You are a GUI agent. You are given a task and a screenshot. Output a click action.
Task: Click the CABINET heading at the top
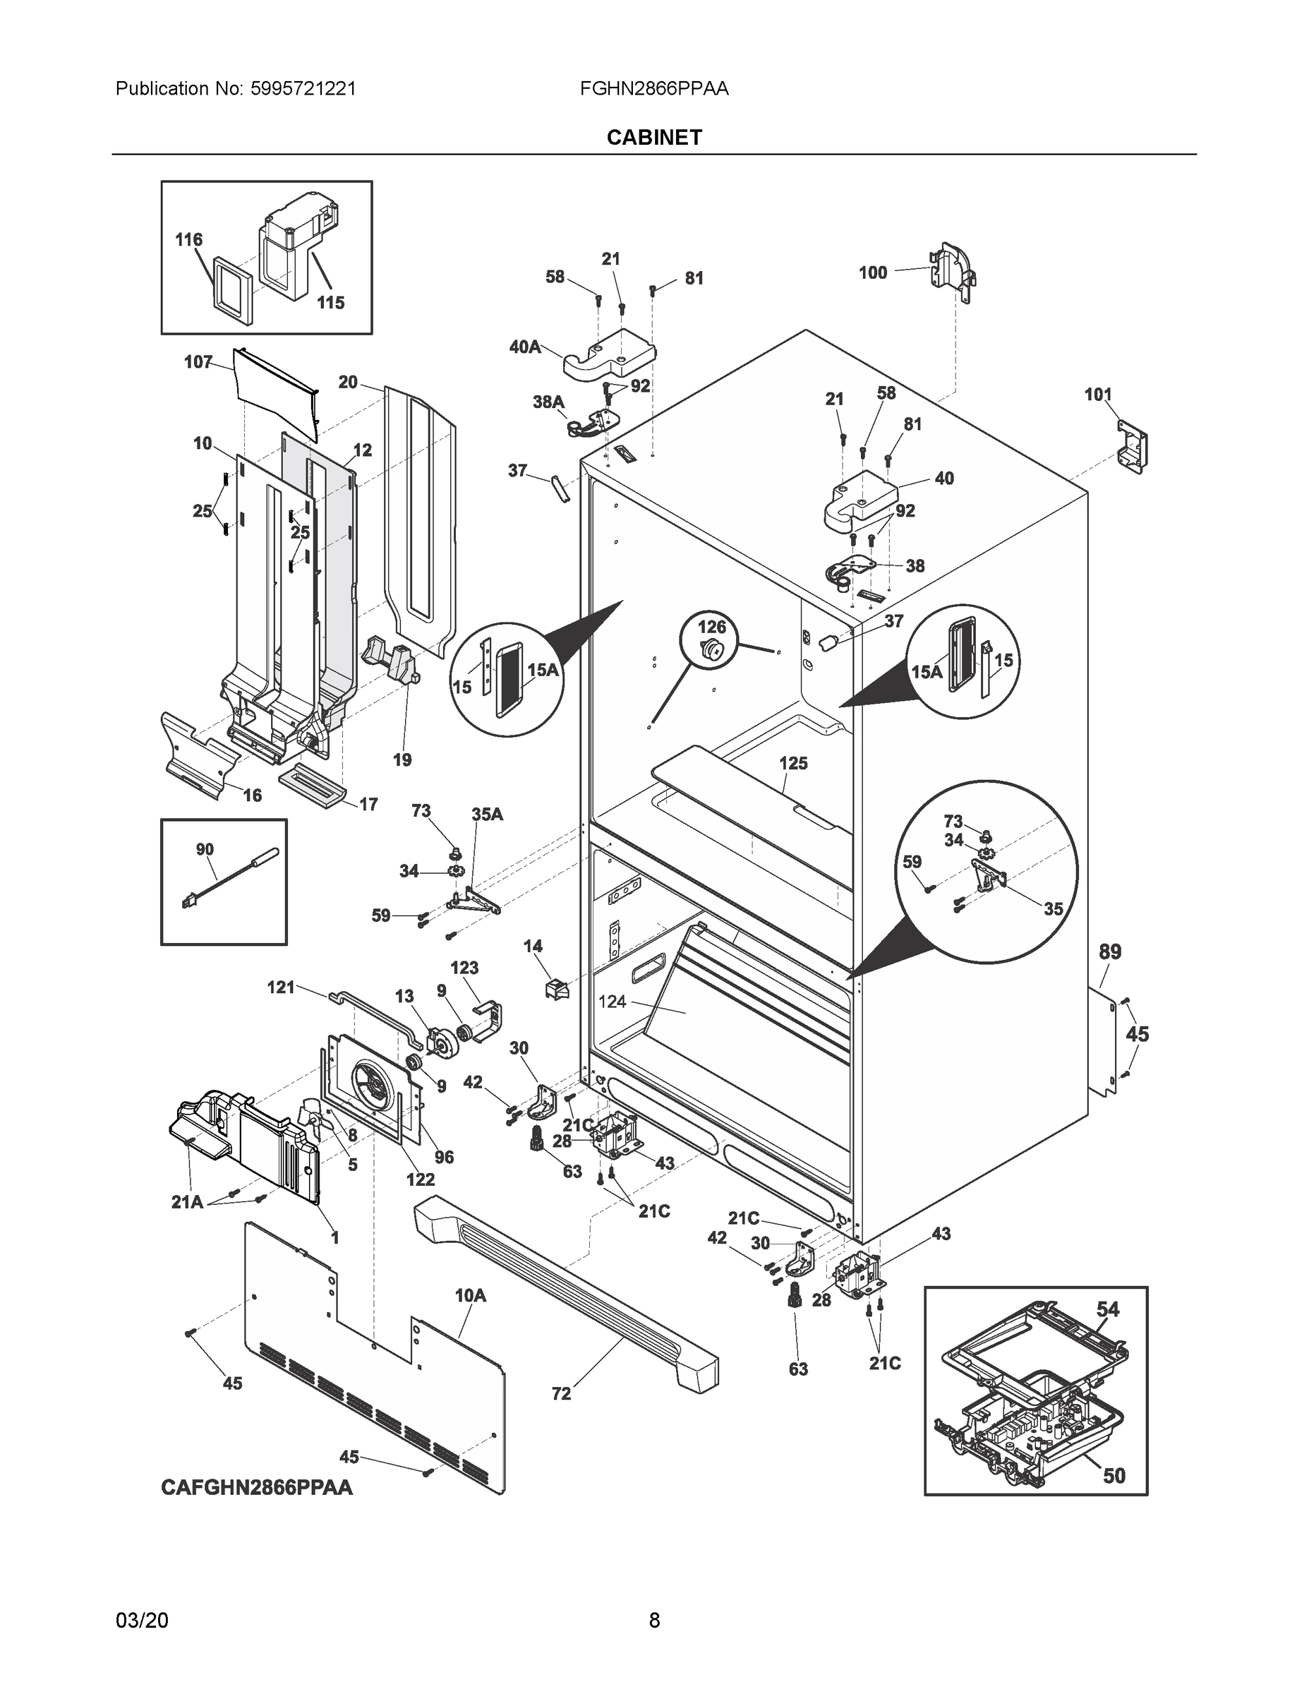coord(653,138)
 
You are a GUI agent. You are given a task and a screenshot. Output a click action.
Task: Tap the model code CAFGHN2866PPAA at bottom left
coord(257,1487)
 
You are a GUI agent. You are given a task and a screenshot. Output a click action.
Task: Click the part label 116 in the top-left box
coord(188,240)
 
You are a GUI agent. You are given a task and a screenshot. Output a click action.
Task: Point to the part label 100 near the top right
coord(872,272)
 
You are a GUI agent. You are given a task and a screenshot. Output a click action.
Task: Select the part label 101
coord(1097,395)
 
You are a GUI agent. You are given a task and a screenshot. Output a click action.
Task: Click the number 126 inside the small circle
coord(712,626)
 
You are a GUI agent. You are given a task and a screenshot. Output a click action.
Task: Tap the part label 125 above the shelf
coord(793,763)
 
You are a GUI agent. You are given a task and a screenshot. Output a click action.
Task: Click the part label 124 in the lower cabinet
coord(612,1002)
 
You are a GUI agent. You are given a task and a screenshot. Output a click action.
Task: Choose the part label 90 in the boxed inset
coord(205,849)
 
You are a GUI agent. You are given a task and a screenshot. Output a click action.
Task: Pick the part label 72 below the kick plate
coord(561,1394)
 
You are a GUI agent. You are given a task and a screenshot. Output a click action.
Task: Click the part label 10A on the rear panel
coord(470,1295)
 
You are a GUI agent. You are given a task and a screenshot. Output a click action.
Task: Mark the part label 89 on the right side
coord(1110,951)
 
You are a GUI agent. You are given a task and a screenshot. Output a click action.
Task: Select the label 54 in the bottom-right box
coord(1106,1309)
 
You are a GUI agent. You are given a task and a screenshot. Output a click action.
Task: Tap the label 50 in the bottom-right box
coord(1114,1475)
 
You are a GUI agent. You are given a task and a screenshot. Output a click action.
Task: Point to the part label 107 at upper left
coord(198,361)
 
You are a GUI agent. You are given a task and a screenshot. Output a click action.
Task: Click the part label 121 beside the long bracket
coord(281,987)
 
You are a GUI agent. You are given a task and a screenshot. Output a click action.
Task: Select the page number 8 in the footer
coord(653,1621)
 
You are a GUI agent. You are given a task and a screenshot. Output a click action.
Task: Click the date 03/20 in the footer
coord(141,1621)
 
